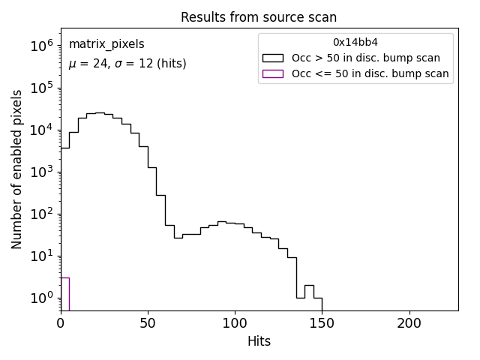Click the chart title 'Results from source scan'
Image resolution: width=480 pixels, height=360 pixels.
[259, 17]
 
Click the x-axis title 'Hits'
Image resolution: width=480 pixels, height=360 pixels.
[259, 341]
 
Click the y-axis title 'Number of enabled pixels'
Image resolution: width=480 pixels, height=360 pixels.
[17, 169]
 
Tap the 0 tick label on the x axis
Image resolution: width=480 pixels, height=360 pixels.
[61, 323]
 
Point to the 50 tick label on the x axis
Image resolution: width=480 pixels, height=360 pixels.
[148, 323]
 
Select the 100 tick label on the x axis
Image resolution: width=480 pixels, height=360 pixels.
[235, 323]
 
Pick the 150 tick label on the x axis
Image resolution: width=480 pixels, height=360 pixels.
[322, 323]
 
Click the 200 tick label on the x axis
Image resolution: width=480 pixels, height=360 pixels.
[409, 323]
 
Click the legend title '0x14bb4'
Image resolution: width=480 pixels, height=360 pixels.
[355, 42]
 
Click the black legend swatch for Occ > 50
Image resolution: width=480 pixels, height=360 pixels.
[273, 58]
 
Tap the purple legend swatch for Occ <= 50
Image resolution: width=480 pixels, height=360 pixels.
[273, 73]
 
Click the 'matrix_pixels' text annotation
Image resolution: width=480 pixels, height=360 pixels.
[106, 44]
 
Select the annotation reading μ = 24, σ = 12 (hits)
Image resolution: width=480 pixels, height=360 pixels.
[127, 64]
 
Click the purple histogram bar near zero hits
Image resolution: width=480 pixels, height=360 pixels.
[64, 294]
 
